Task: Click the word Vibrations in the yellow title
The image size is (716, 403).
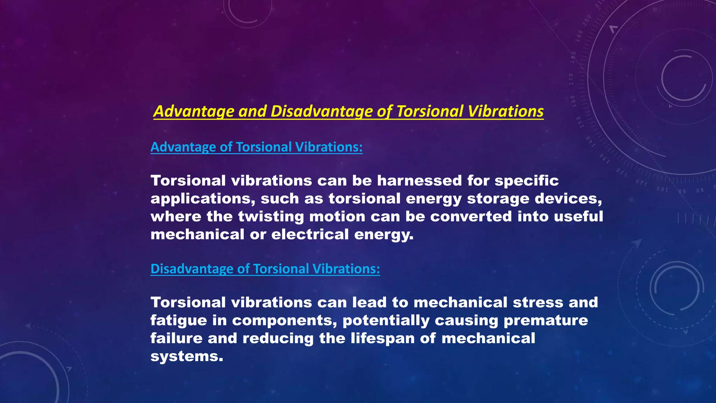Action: click(506, 111)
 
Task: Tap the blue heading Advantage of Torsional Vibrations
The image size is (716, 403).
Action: click(256, 147)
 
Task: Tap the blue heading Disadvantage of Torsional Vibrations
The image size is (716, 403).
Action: click(265, 269)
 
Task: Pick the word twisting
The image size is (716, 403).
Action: click(271, 217)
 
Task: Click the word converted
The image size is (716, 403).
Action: click(471, 217)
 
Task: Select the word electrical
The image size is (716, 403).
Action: click(310, 234)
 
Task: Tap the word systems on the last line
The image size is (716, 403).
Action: click(186, 356)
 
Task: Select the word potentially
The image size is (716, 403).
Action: click(386, 320)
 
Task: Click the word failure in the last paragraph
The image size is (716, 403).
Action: click(177, 338)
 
